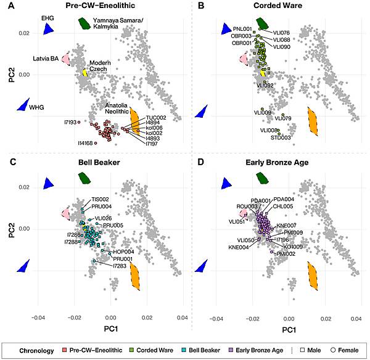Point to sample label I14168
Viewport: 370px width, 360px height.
coord(86,143)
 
